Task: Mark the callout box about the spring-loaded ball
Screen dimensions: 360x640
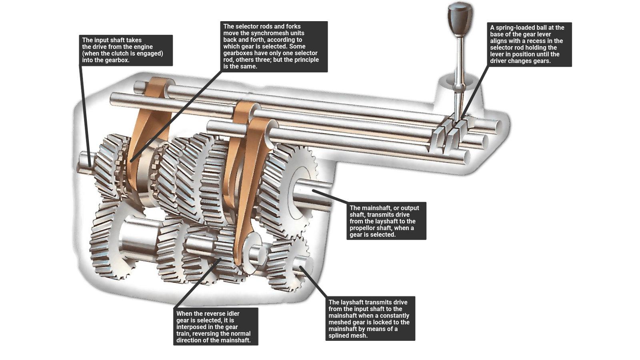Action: [x=529, y=44]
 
